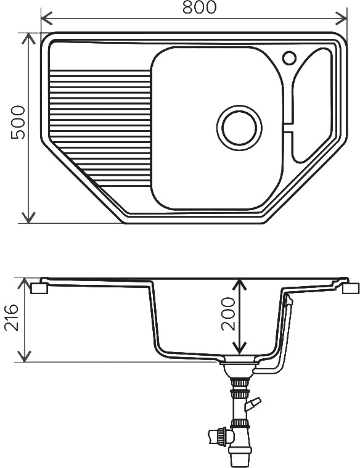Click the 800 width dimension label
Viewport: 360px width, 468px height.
click(199, 7)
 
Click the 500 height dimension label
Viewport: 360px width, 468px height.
click(18, 122)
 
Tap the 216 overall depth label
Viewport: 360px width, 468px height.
click(12, 318)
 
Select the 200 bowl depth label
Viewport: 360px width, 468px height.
click(228, 313)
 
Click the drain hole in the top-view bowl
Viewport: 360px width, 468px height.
click(239, 128)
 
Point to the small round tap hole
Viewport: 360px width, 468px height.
click(289, 58)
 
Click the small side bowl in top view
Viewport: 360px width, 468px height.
click(311, 105)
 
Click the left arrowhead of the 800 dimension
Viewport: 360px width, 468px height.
click(46, 18)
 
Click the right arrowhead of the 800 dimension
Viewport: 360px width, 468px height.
click(342, 18)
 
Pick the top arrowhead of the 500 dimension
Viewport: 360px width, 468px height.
click(28, 38)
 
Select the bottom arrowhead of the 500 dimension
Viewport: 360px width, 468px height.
click(28, 218)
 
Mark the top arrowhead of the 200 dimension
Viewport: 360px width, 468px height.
click(239, 284)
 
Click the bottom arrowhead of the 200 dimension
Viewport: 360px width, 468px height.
click(239, 348)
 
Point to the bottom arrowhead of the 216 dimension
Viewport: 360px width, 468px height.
click(25, 356)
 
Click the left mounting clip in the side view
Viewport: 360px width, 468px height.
click(39, 289)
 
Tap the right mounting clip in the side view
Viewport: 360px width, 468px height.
click(351, 289)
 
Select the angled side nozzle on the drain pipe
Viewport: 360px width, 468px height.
click(253, 404)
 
